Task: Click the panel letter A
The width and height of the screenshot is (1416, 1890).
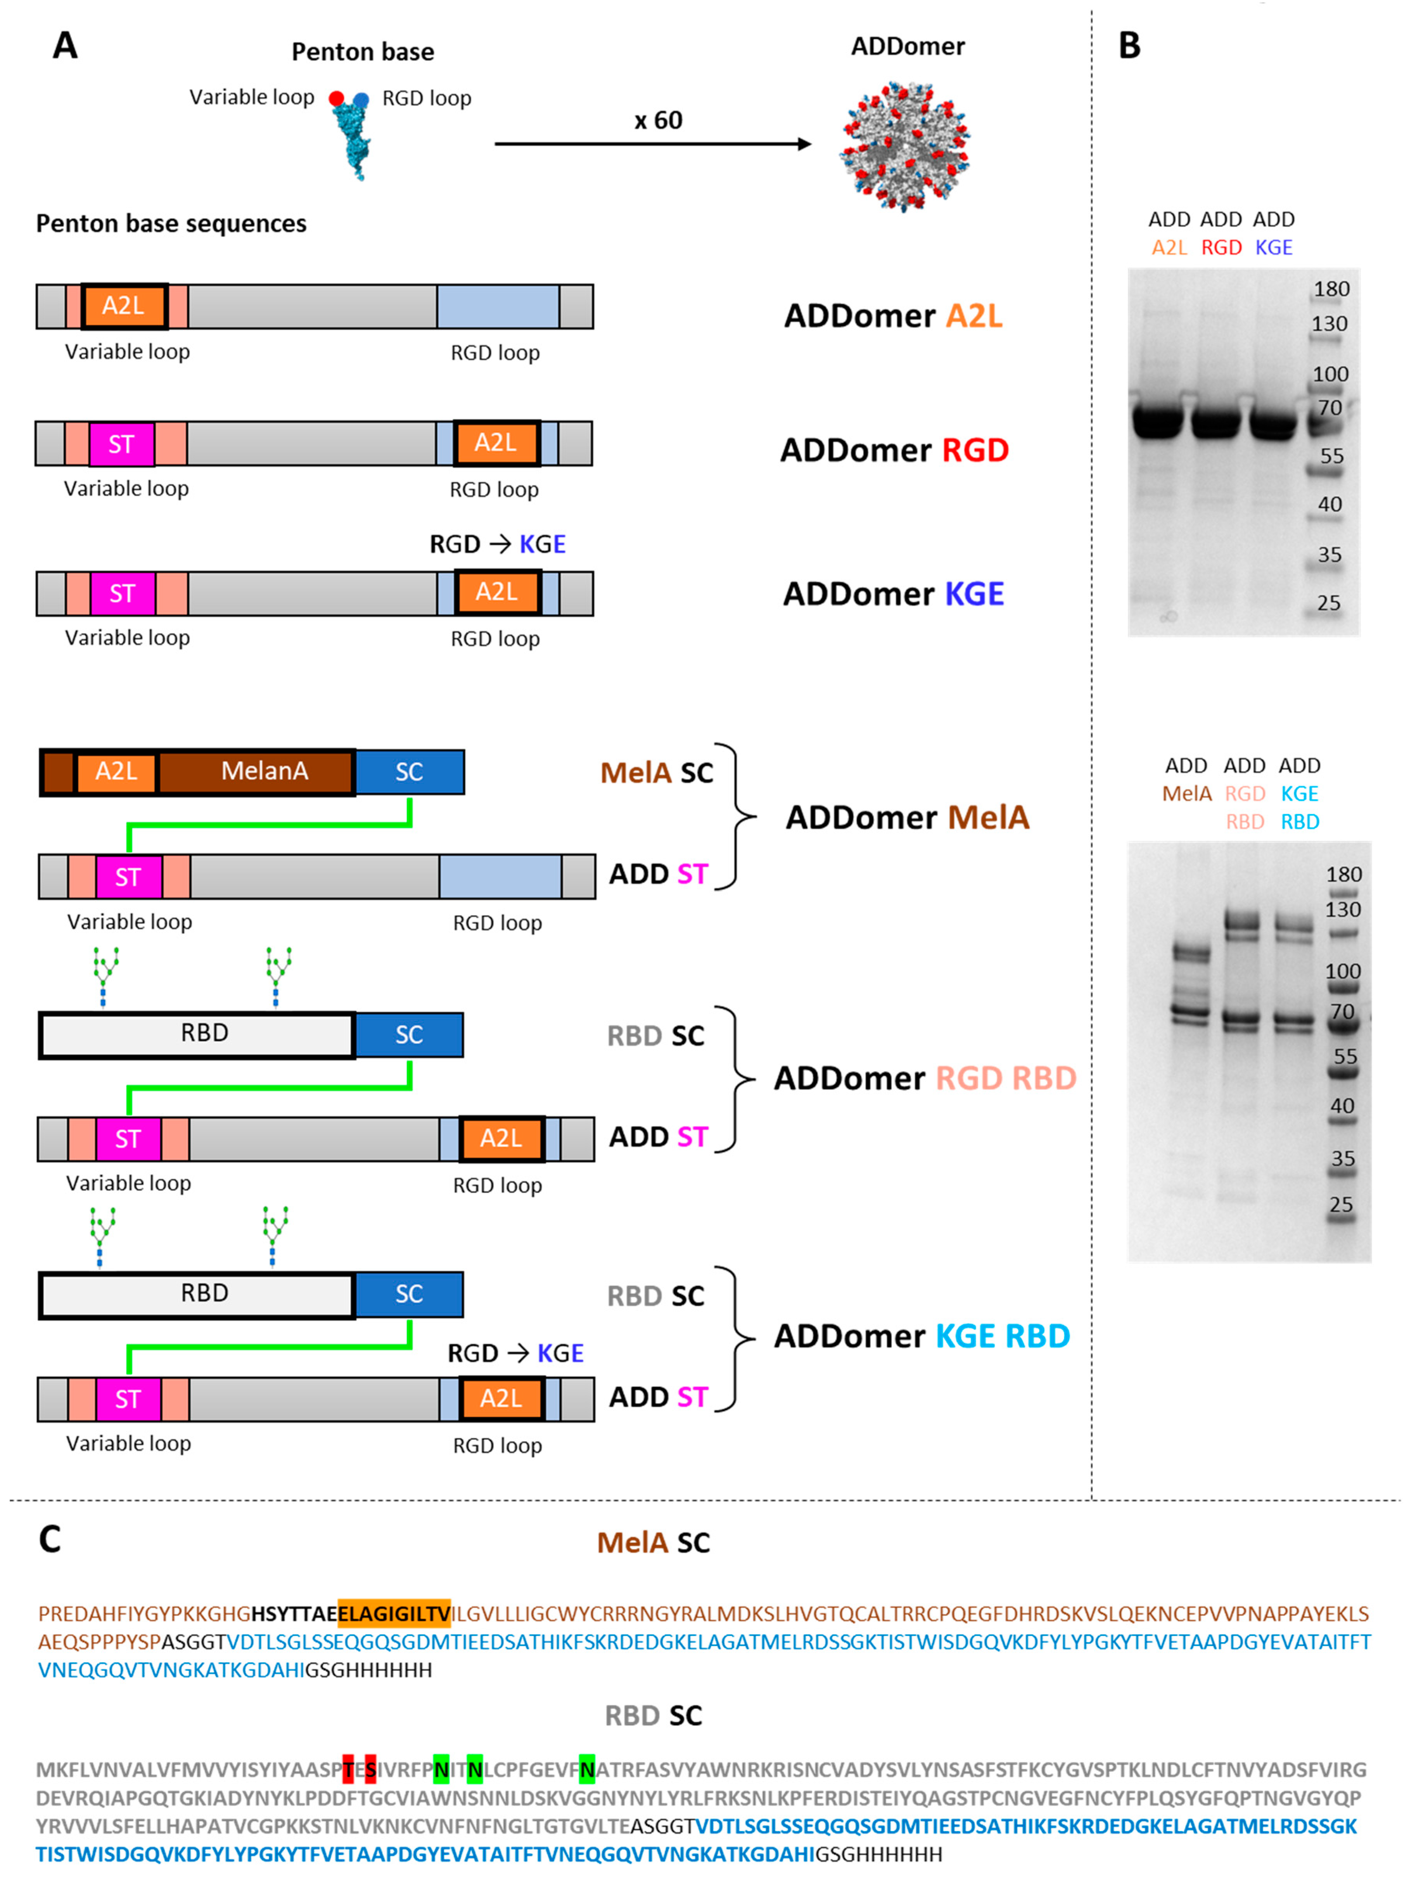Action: click(x=65, y=45)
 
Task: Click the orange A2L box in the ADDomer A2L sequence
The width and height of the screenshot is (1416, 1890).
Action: click(x=124, y=306)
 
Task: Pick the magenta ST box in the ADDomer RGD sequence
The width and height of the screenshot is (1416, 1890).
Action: click(x=121, y=443)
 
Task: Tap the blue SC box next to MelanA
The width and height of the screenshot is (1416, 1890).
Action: click(x=409, y=771)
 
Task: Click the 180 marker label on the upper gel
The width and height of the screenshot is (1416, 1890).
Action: click(x=1331, y=289)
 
